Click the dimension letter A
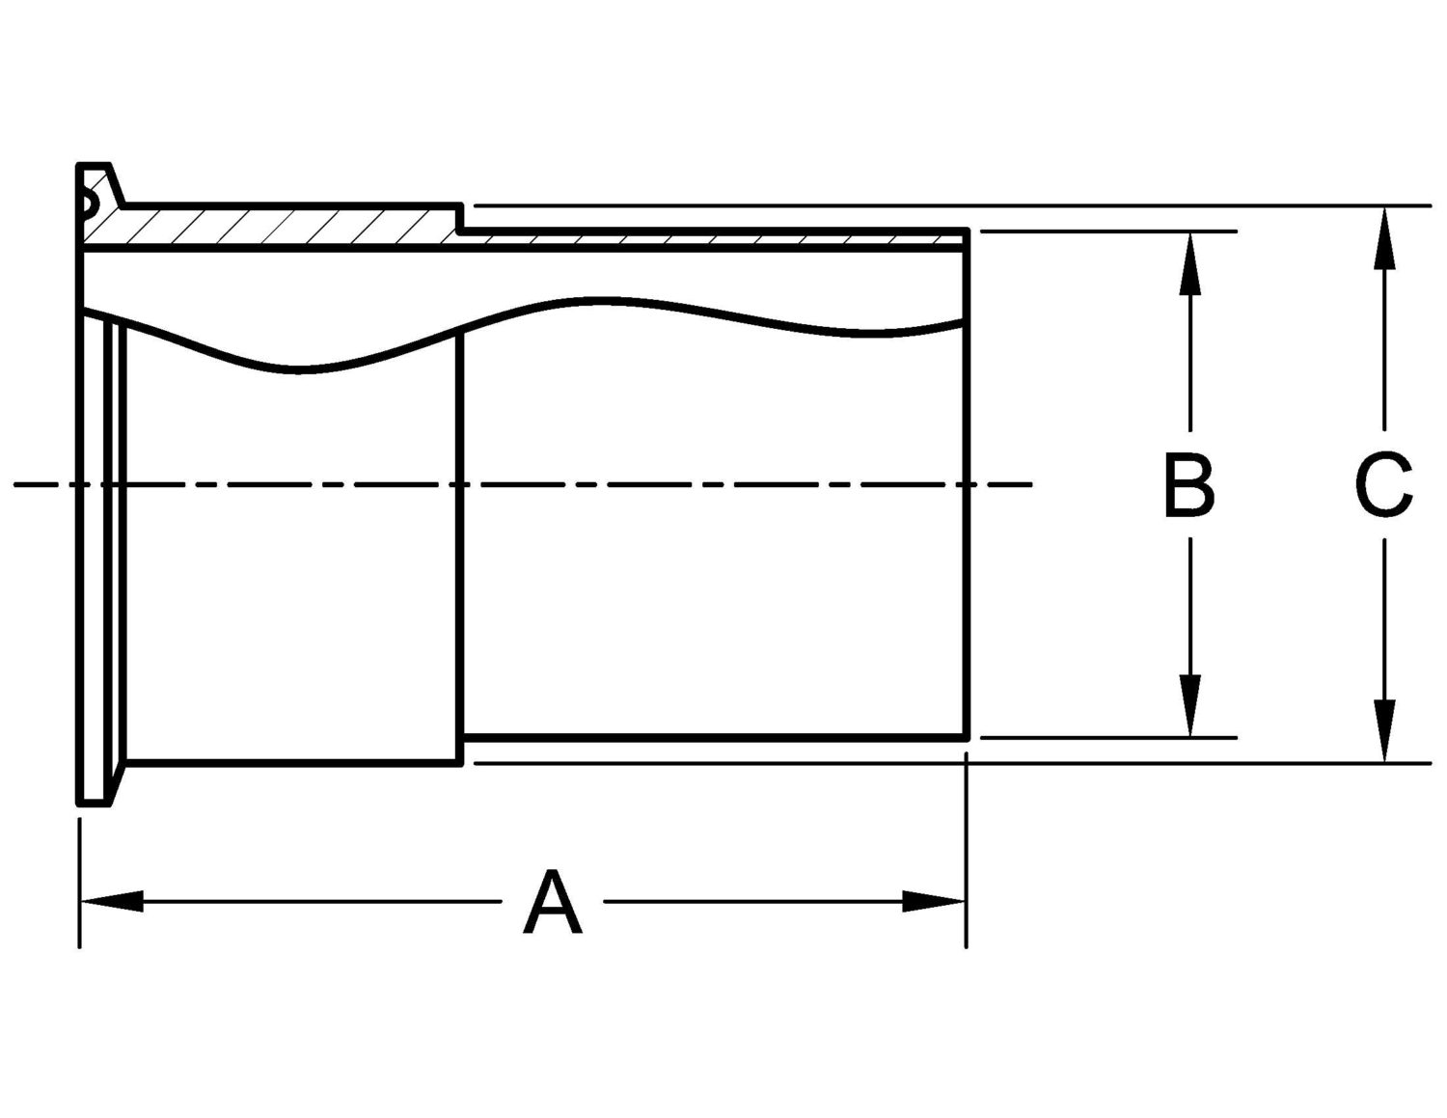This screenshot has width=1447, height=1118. coord(553,903)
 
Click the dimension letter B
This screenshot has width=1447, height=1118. coord(1188,484)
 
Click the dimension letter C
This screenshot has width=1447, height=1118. coord(1384,484)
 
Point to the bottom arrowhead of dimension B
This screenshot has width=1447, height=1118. coord(1190,710)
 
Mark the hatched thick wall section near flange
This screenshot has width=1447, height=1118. coord(270,226)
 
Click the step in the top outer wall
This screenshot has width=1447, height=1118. coord(461,218)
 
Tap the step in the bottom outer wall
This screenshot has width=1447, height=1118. coord(461,751)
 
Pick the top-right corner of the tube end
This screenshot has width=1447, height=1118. coord(968,231)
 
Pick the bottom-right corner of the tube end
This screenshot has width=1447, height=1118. coord(968,738)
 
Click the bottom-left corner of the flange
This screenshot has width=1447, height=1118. coord(79,803)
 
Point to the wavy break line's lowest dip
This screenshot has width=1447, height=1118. coord(299,369)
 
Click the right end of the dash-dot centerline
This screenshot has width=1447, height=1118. coord(1032,483)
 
